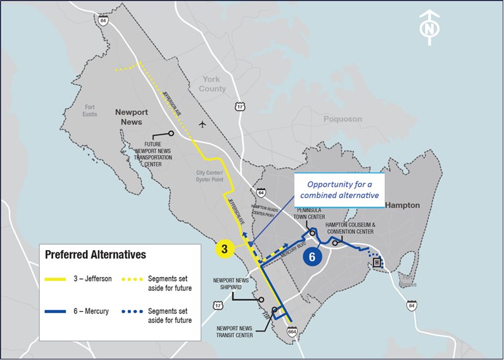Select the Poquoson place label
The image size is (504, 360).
pyautogui.click(x=343, y=119)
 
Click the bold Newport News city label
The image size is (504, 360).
pyautogui.click(x=131, y=116)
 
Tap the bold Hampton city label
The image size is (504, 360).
pyautogui.click(x=403, y=206)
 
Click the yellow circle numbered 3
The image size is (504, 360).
pyautogui.click(x=224, y=248)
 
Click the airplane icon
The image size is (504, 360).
pyautogui.click(x=201, y=124)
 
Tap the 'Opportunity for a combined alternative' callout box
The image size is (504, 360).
pyautogui.click(x=340, y=190)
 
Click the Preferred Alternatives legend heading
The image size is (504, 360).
pyautogui.click(x=96, y=254)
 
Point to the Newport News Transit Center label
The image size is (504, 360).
pyautogui.click(x=235, y=331)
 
